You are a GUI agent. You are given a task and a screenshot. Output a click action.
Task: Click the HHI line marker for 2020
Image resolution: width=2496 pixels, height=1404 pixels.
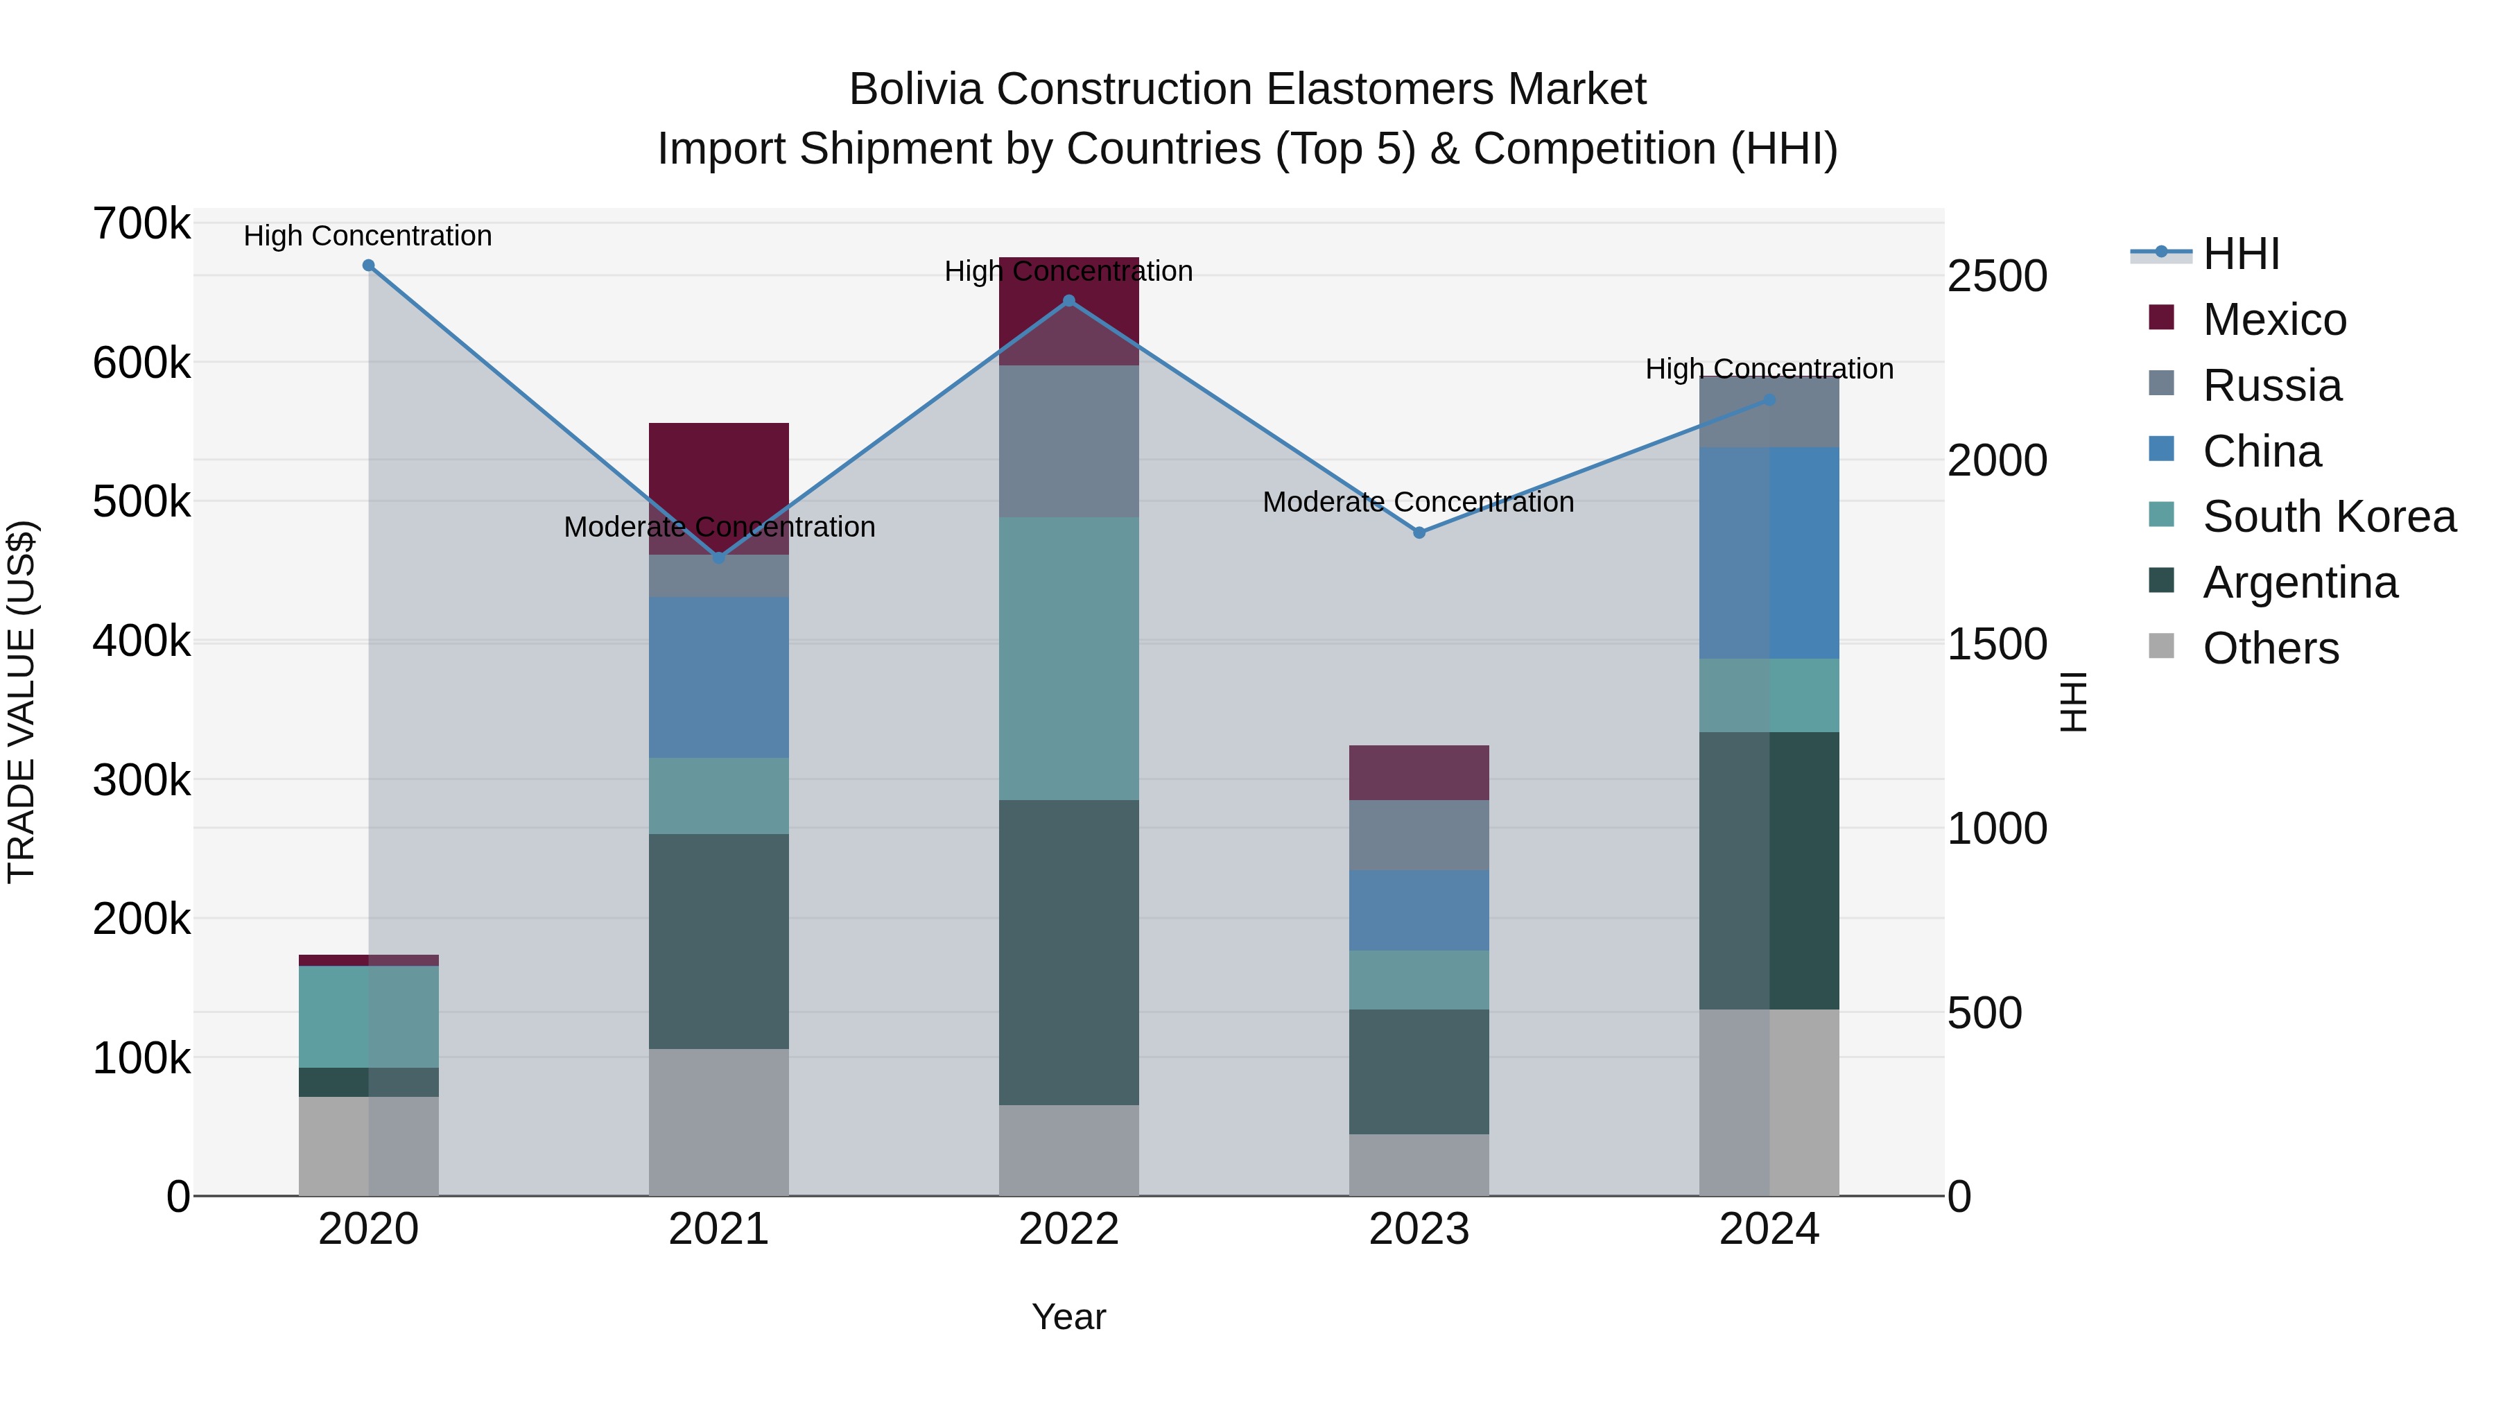click(368, 266)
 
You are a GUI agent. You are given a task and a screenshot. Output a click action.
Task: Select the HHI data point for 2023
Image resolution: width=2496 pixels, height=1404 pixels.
click(1419, 533)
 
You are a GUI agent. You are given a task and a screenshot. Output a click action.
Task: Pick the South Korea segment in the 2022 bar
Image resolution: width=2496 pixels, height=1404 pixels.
click(1068, 659)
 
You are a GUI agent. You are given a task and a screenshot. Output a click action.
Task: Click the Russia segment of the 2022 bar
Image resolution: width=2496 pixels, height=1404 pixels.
click(1068, 441)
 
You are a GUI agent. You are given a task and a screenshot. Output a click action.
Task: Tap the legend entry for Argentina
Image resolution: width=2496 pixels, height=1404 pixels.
click(2299, 582)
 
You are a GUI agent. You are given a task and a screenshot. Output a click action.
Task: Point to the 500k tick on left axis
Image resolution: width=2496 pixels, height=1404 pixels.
click(141, 502)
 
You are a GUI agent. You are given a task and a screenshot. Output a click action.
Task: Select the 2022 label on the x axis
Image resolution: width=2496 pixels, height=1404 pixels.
click(1068, 1229)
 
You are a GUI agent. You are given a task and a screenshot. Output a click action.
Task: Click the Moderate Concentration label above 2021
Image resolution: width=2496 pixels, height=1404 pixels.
click(719, 527)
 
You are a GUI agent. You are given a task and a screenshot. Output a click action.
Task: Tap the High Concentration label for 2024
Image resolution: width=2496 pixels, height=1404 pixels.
click(1769, 369)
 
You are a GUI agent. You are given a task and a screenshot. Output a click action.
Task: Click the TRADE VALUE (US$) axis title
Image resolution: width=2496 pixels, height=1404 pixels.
click(21, 702)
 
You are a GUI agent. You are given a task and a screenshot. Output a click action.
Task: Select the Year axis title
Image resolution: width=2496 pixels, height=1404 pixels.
click(1068, 1317)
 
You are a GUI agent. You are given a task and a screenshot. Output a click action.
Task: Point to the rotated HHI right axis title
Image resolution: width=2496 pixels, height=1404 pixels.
click(2072, 702)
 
